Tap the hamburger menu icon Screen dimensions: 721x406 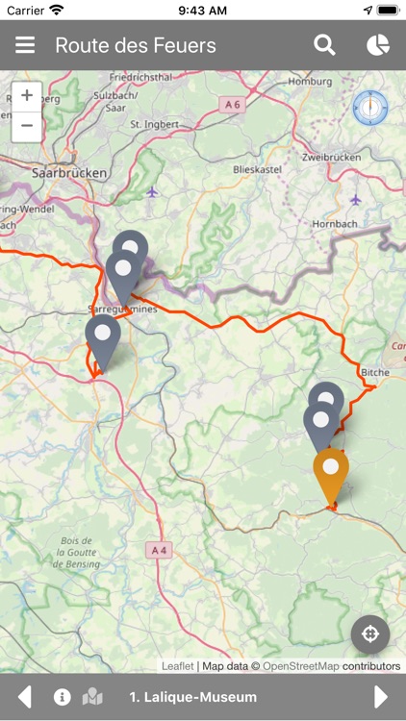25,45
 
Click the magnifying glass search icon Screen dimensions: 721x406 325,45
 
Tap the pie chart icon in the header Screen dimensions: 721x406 378,45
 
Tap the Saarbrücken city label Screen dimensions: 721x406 68,174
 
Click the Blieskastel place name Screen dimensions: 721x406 256,168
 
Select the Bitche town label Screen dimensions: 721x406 375,372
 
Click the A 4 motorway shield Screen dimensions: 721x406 159,549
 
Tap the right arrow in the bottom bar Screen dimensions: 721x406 381,697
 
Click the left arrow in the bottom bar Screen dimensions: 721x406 25,697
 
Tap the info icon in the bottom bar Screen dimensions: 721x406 63,697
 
